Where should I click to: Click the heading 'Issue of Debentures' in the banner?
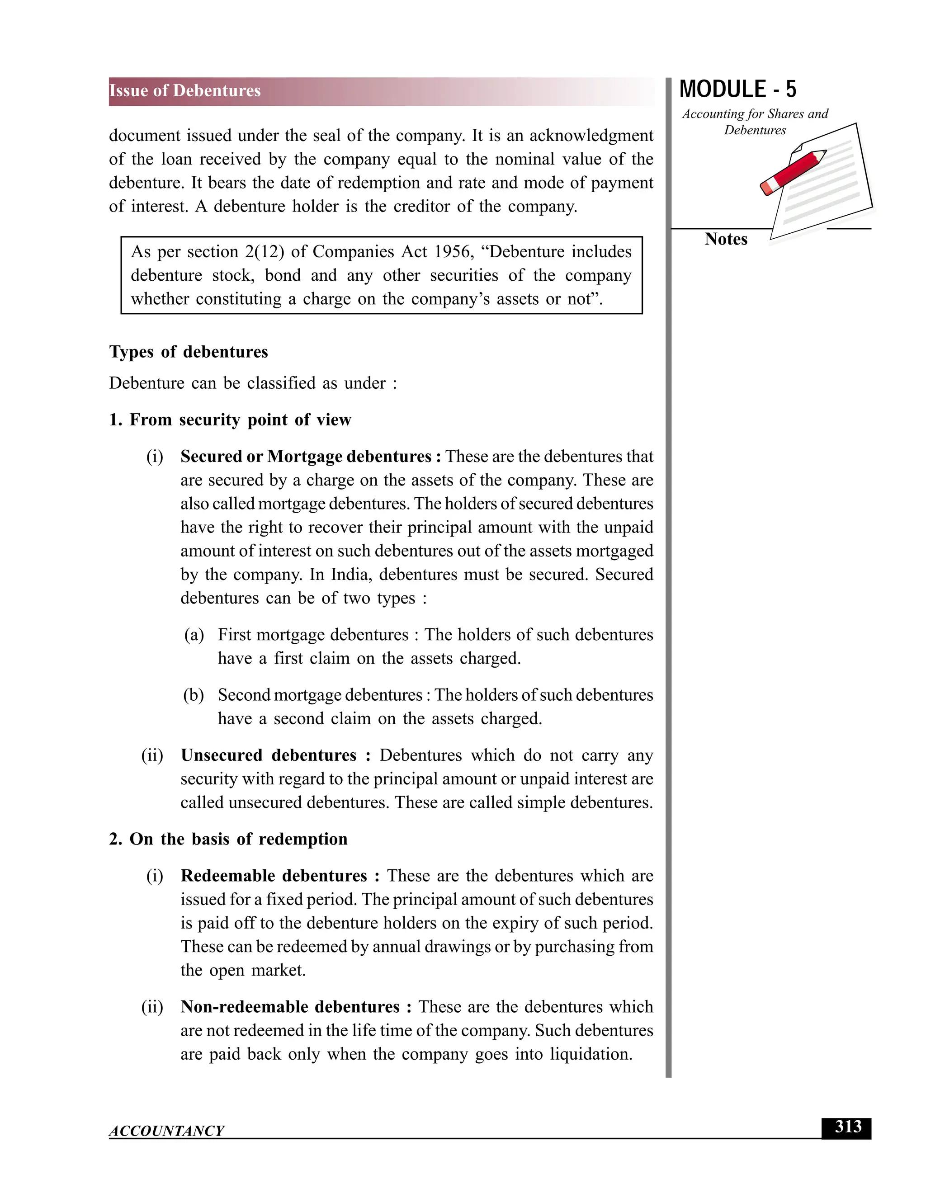[185, 90]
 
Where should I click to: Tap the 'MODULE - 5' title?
[737, 90]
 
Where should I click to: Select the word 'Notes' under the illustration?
[725, 239]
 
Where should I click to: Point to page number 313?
[848, 1127]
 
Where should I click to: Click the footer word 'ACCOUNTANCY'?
[166, 1131]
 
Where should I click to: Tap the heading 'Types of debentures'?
[188, 352]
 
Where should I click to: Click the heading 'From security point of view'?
[240, 420]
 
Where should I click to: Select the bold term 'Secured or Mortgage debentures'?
[306, 457]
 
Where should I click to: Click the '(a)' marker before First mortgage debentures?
[194, 635]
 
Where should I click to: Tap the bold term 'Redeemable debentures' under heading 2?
[274, 876]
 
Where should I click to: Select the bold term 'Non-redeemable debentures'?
[290, 1007]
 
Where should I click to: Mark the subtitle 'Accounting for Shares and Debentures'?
[754, 122]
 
